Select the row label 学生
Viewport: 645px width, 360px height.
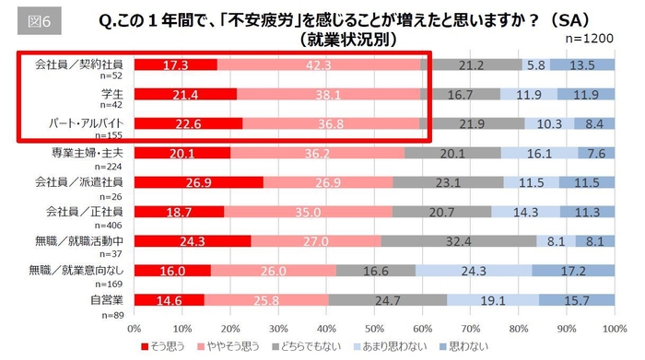point(111,94)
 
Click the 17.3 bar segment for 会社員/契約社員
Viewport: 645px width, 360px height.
point(175,65)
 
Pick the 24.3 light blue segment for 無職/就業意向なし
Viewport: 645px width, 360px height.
point(473,271)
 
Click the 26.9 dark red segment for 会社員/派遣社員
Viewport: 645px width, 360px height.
point(198,182)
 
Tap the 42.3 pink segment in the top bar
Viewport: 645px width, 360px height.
point(319,65)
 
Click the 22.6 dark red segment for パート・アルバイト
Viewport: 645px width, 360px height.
point(188,124)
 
